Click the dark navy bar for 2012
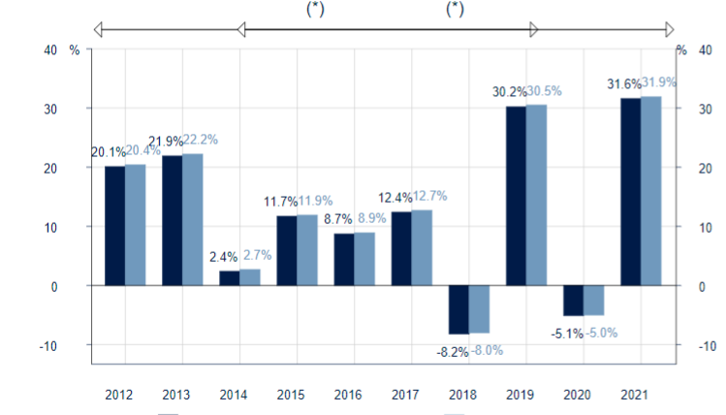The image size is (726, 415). coord(115,226)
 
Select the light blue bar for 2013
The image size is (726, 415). coord(192,219)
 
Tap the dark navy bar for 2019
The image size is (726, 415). coord(516,196)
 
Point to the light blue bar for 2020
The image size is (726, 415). coord(593,301)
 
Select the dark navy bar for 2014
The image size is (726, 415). coord(230,278)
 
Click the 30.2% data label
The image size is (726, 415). coord(510,93)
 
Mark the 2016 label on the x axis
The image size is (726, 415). coord(348,396)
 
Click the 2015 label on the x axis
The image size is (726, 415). coord(291,396)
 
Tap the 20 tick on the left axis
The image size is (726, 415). coord(50,168)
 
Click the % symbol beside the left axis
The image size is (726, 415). coord(74,49)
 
